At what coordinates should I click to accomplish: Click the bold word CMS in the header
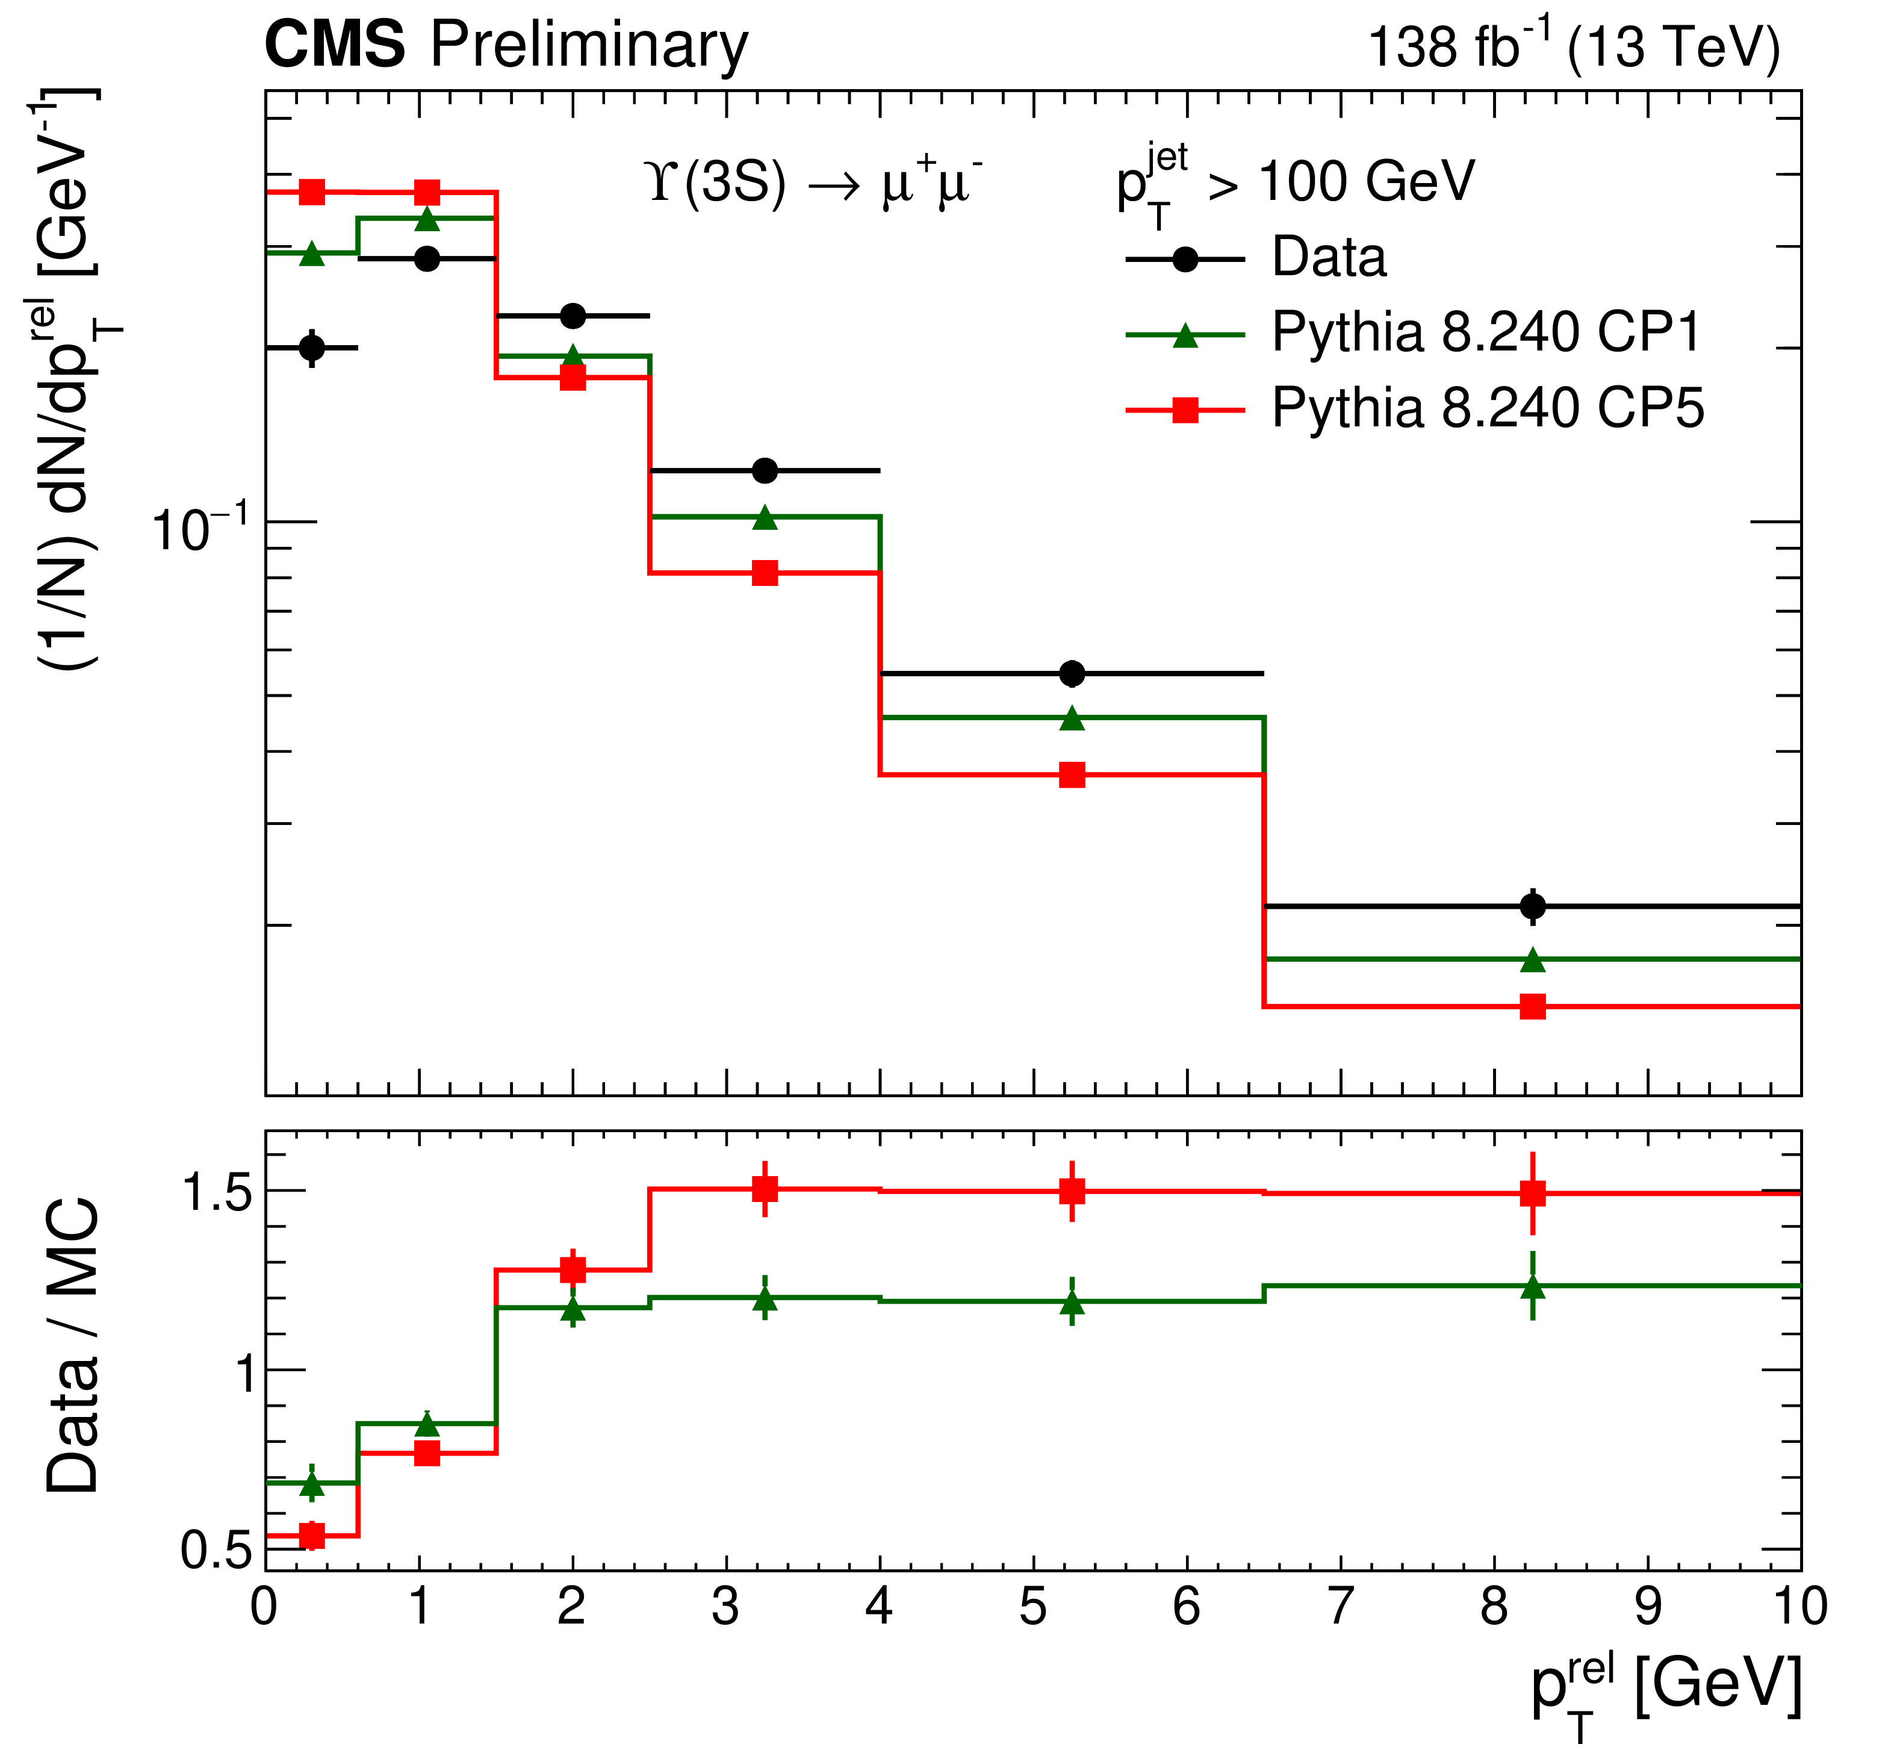pyautogui.click(x=335, y=45)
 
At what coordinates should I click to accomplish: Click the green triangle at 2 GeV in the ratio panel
pyautogui.click(x=573, y=1309)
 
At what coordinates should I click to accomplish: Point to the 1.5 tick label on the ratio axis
pyautogui.click(x=217, y=1192)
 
